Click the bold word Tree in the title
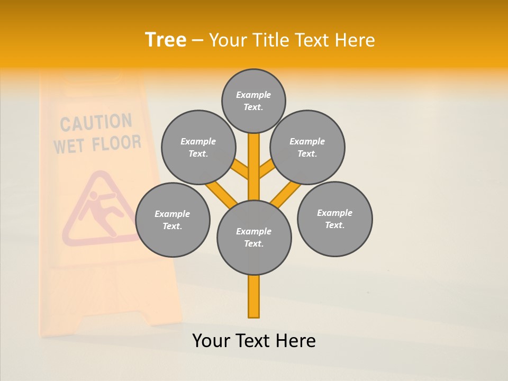[x=166, y=40]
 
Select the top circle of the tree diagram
[x=253, y=101]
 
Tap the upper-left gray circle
[x=198, y=147]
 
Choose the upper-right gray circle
[x=307, y=147]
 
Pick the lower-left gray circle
[x=173, y=220]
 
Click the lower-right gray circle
[x=334, y=219]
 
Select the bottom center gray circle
[x=254, y=238]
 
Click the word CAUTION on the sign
[x=96, y=123]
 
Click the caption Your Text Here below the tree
[x=254, y=341]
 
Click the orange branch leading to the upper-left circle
[x=241, y=169]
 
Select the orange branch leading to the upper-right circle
[x=267, y=169]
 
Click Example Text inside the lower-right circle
[x=334, y=219]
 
